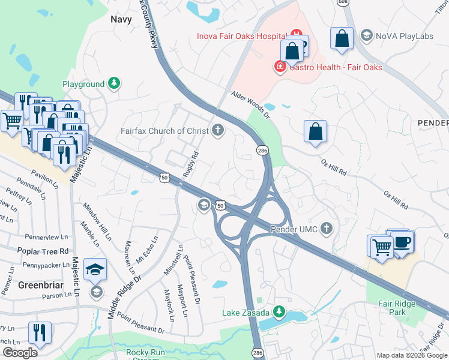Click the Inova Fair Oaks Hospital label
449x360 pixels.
(x=243, y=36)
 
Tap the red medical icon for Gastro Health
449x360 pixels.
(x=280, y=66)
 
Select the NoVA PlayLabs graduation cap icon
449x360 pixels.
(x=366, y=36)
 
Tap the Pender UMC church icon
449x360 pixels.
(x=327, y=229)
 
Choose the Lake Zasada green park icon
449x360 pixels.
(x=279, y=311)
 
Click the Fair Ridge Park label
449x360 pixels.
(x=397, y=308)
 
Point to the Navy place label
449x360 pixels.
(x=121, y=19)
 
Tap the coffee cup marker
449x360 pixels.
(x=402, y=242)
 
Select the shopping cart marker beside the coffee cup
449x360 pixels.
(x=381, y=247)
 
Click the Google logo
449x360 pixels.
(x=19, y=353)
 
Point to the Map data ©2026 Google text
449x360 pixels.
(x=411, y=355)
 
